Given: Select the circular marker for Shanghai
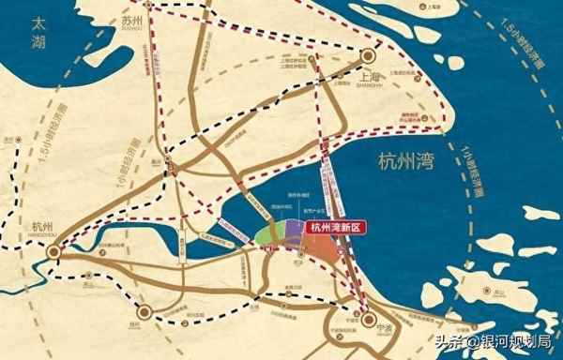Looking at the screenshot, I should pyautogui.click(x=367, y=54).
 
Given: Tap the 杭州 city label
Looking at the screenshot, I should pyautogui.click(x=39, y=225).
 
